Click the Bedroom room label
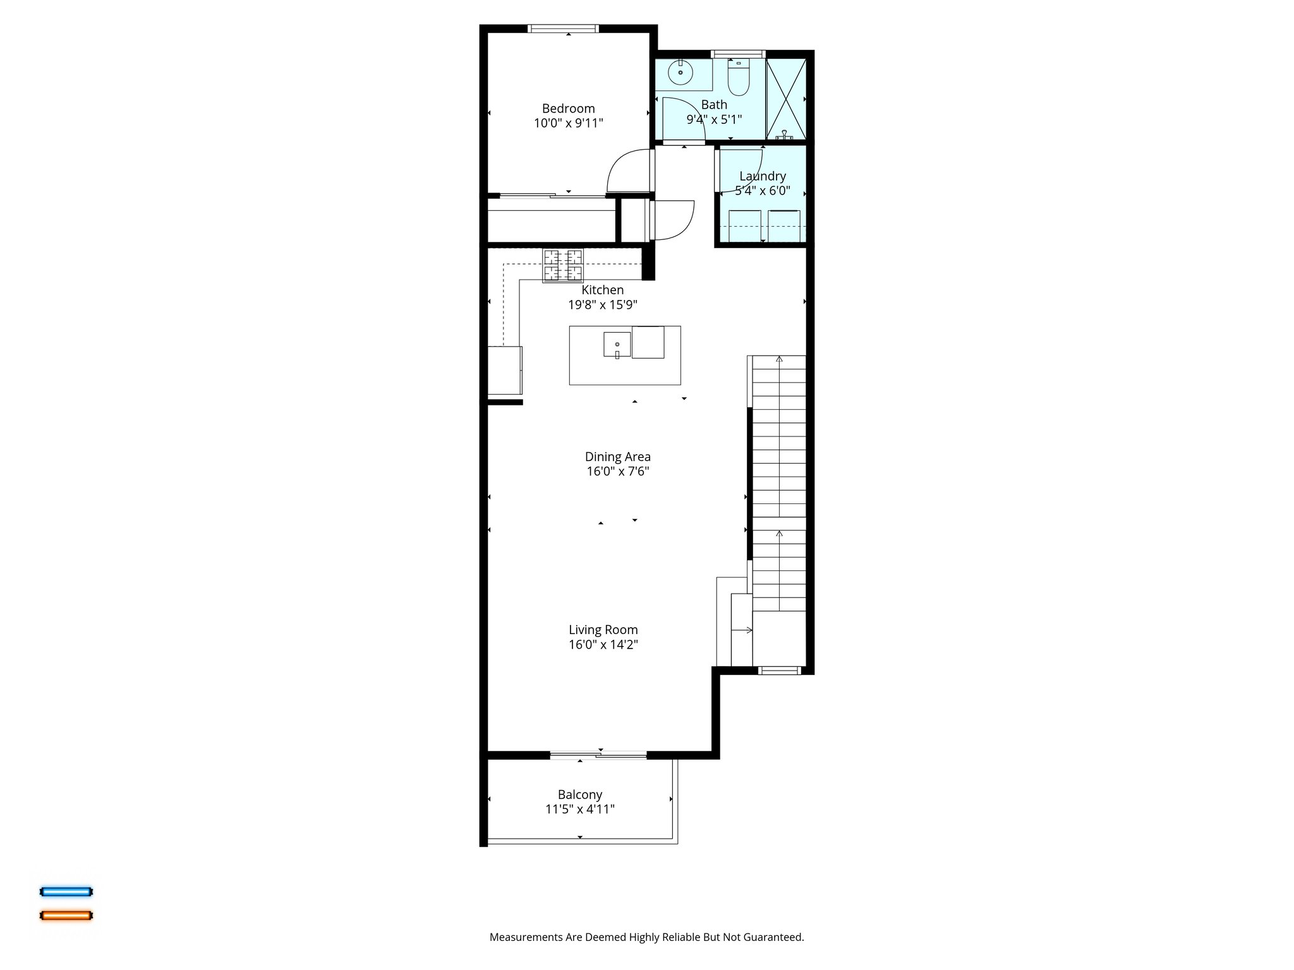568,109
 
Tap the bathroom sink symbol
680,73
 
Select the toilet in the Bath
738,78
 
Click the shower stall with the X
786,99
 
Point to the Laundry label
763,176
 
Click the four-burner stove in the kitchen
563,265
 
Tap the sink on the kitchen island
617,345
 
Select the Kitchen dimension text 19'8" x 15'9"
602,305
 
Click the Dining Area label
617,457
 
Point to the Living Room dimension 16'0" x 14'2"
603,645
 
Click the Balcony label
579,794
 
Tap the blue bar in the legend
66,892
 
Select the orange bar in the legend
66,915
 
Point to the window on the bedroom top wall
563,28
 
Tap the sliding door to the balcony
598,755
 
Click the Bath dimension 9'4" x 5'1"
714,119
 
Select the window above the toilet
738,54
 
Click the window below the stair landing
779,671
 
